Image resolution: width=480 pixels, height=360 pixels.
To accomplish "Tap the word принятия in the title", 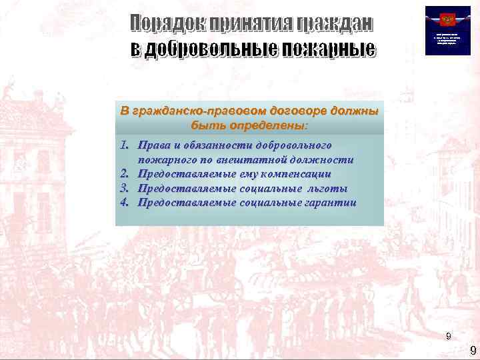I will pos(245,25).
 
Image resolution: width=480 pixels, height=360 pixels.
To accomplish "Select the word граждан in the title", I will pos(334,25).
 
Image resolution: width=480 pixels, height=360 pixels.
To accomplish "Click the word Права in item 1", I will pos(153,145).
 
